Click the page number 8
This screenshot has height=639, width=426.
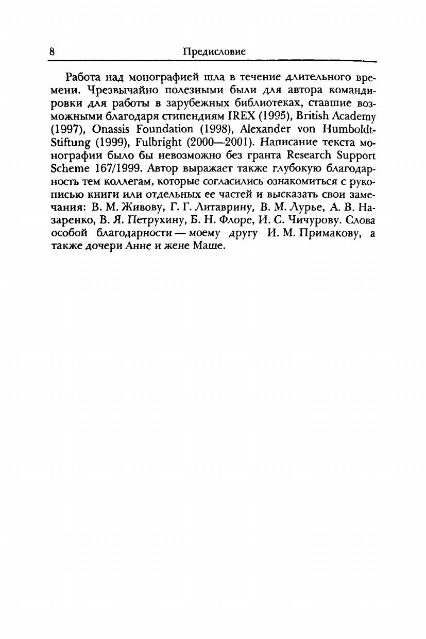pyautogui.click(x=52, y=51)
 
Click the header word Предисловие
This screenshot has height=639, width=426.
pyautogui.click(x=214, y=51)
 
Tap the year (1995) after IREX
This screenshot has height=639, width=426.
pyautogui.click(x=267, y=116)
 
